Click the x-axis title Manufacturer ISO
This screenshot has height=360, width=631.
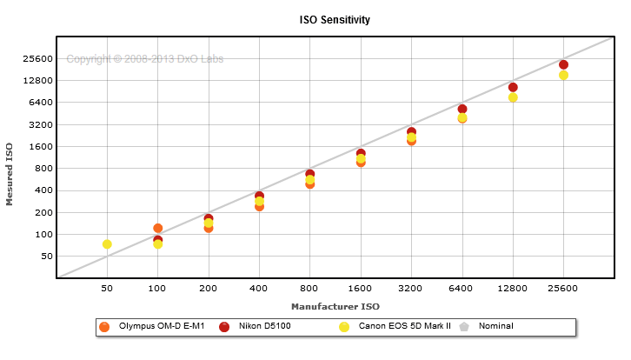click(335, 306)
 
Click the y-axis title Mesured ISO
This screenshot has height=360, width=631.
click(10, 175)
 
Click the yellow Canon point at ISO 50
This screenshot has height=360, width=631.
click(107, 244)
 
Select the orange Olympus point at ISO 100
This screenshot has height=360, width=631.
click(157, 229)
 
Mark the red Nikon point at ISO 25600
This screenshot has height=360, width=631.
click(563, 65)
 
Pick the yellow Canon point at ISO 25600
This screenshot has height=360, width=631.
click(563, 76)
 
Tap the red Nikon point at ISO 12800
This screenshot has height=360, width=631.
click(513, 87)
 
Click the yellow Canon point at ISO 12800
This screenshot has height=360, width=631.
click(513, 97)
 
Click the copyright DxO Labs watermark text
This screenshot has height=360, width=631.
click(144, 59)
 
